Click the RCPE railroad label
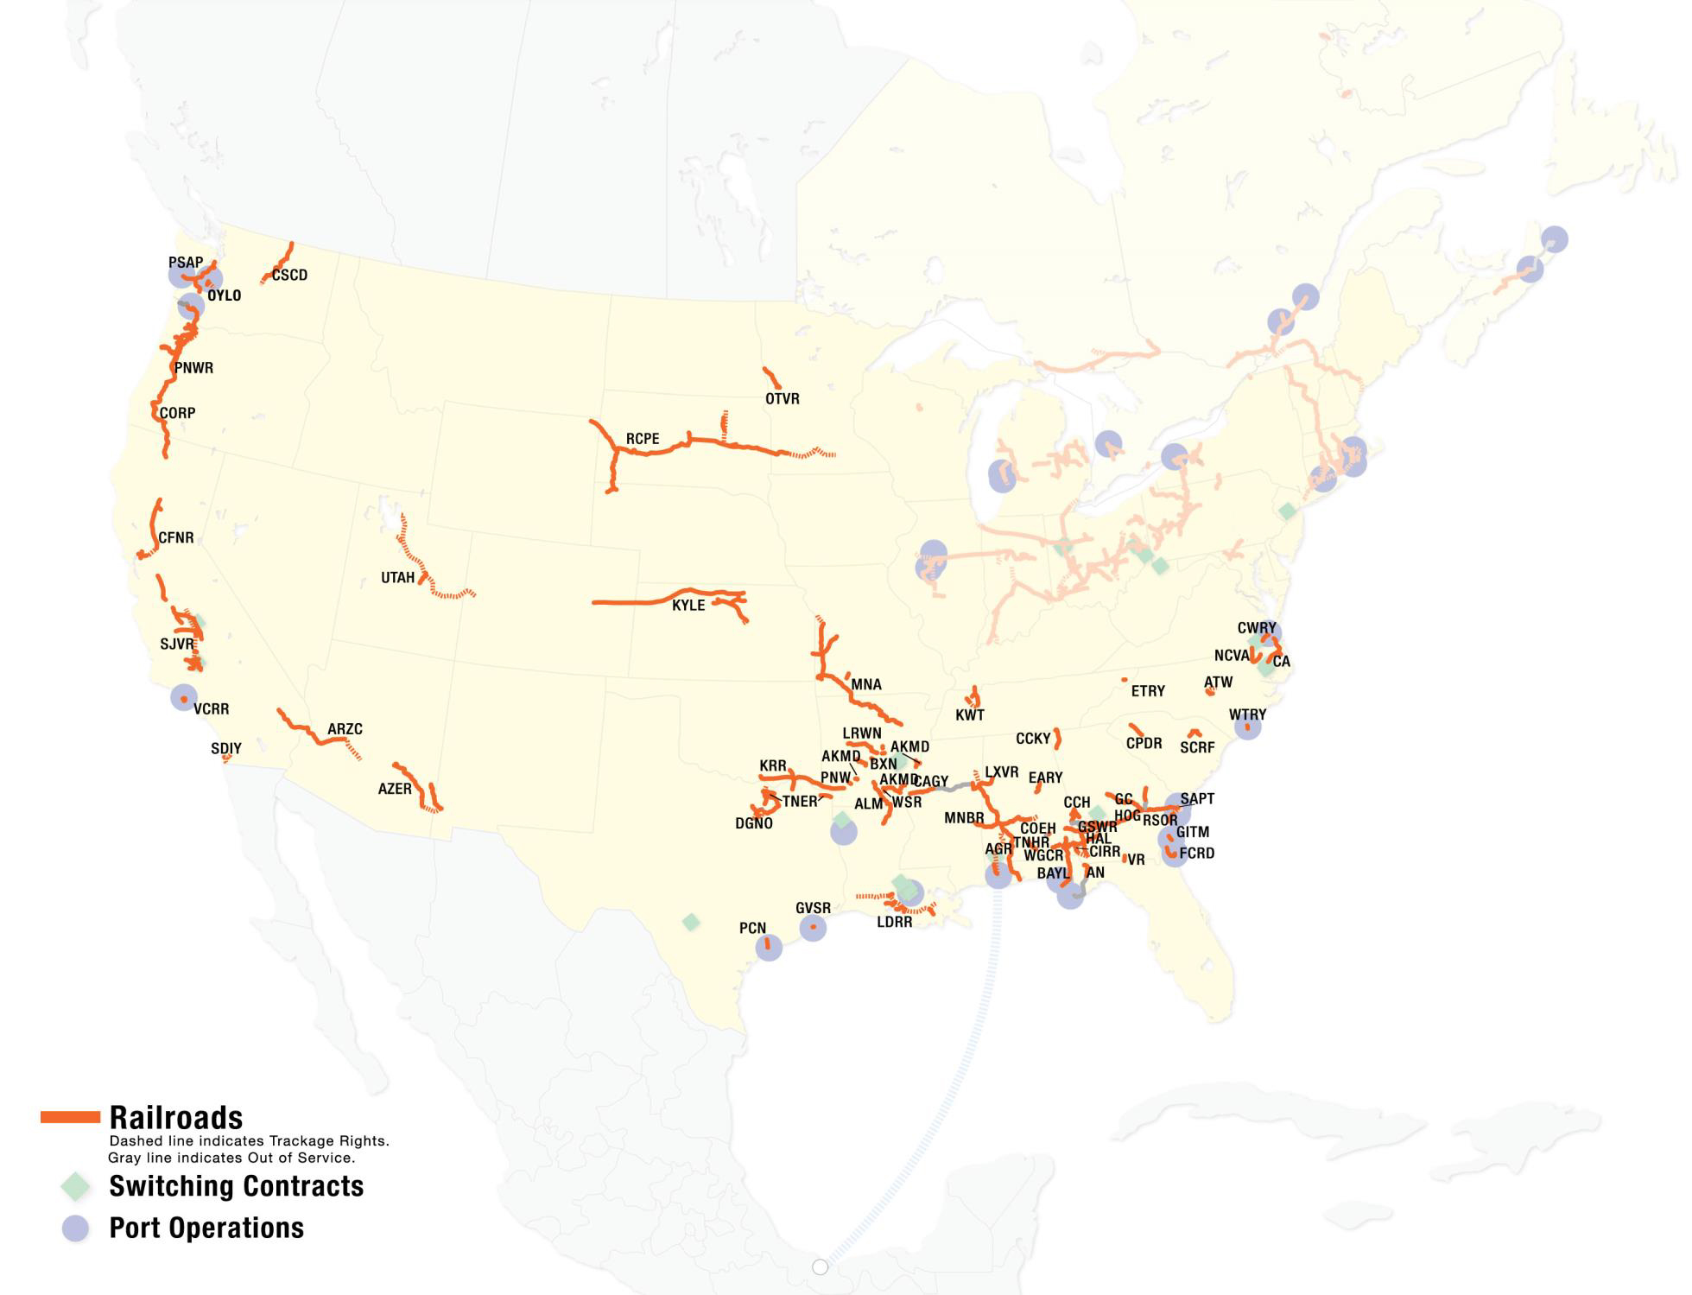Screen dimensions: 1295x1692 (x=643, y=439)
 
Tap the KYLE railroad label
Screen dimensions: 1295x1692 (x=688, y=605)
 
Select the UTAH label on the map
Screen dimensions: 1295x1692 (x=397, y=578)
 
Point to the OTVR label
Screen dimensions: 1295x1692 (x=782, y=399)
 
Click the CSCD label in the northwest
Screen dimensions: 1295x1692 (x=289, y=276)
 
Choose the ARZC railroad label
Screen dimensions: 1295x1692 (x=345, y=729)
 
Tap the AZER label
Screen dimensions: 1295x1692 (x=395, y=789)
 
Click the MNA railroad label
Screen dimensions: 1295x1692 (x=866, y=685)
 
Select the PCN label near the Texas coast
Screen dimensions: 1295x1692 (x=752, y=928)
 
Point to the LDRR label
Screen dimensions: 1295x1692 (x=894, y=922)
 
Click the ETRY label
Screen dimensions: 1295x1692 (x=1148, y=691)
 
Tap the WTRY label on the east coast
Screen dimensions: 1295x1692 (x=1247, y=714)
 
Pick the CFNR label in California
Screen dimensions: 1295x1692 (x=176, y=538)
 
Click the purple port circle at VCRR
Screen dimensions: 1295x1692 (x=183, y=697)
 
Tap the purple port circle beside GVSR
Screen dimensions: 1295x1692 (x=813, y=928)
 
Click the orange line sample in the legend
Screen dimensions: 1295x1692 (x=70, y=1118)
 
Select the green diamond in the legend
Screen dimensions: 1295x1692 (x=76, y=1186)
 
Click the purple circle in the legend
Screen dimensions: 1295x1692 (x=76, y=1228)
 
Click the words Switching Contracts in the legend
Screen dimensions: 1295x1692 (x=236, y=1186)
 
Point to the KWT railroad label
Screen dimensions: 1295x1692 (x=969, y=715)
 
